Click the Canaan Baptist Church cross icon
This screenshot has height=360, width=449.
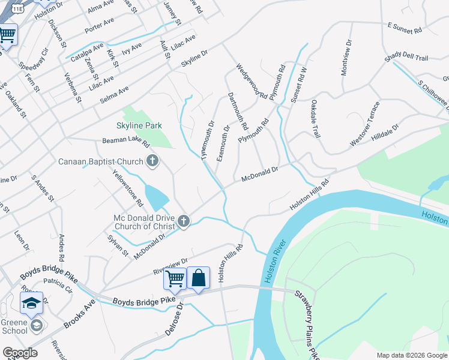click(x=152, y=161)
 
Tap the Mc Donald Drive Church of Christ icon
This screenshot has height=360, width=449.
click(x=184, y=222)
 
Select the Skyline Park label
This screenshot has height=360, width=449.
click(x=139, y=125)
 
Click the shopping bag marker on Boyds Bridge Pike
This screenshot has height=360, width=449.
click(x=199, y=278)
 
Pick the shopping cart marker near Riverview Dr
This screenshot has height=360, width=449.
click(x=175, y=278)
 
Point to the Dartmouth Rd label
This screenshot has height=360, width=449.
click(x=238, y=112)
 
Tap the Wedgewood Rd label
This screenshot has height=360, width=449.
click(x=252, y=81)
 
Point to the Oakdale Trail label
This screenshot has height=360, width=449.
click(x=315, y=118)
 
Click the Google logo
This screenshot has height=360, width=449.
click(x=20, y=353)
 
